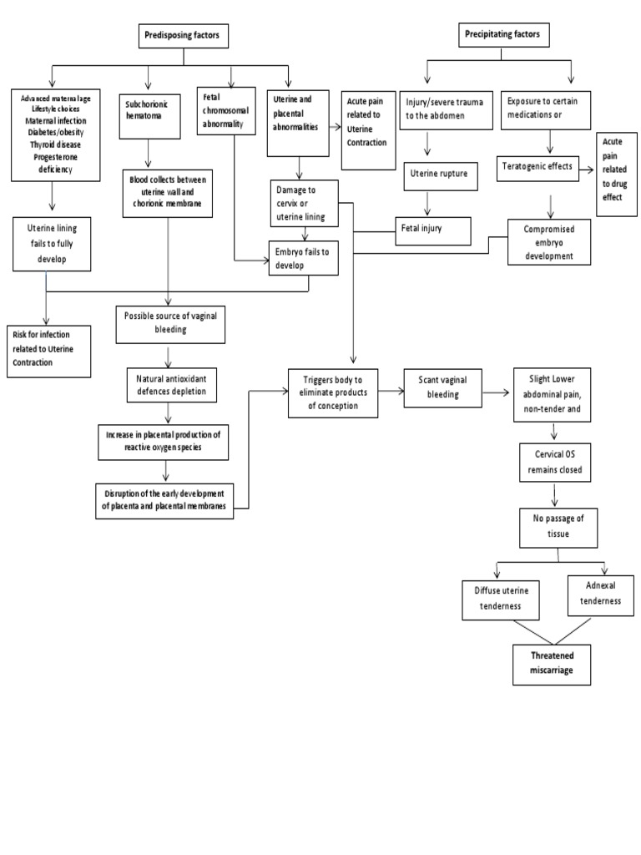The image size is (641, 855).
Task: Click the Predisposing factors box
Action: (x=183, y=36)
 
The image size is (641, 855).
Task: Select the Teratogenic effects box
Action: (x=538, y=166)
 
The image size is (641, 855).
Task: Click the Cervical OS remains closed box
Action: (x=553, y=463)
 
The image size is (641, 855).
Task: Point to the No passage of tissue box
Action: (x=558, y=527)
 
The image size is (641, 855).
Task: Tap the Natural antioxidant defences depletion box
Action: (x=170, y=385)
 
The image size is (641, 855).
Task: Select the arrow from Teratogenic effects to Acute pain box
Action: (x=586, y=168)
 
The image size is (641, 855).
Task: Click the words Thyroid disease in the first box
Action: (x=53, y=144)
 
